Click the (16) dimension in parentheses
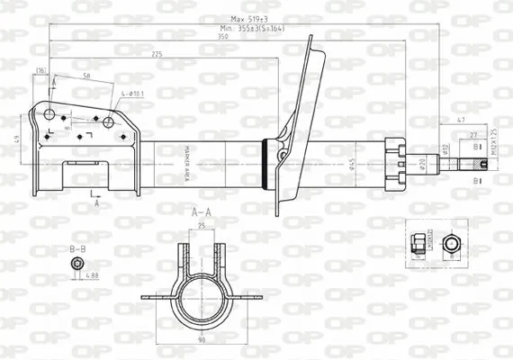(40, 69)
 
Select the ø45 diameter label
(354, 163)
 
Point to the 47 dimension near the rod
(462, 119)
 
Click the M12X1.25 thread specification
(494, 145)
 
